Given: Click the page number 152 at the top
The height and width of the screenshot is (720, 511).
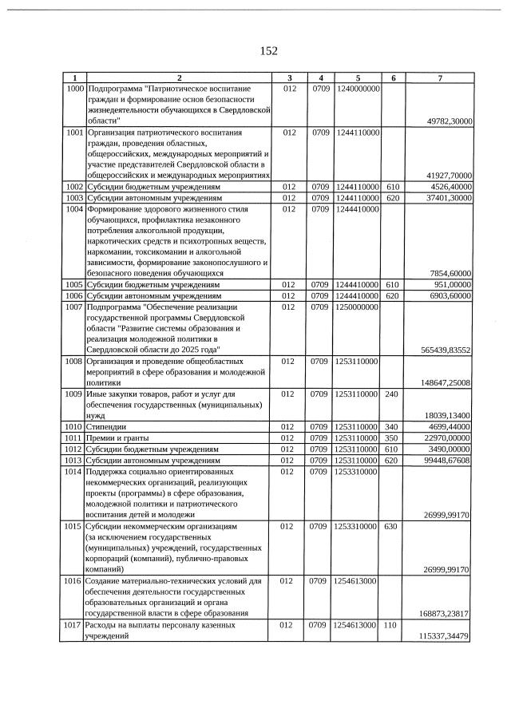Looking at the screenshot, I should click(x=268, y=51).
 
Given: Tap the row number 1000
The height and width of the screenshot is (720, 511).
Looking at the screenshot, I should click(x=74, y=87).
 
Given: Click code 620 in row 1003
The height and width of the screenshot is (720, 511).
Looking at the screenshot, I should click(x=392, y=196).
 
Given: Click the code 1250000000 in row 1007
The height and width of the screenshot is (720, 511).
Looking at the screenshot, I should click(x=358, y=306).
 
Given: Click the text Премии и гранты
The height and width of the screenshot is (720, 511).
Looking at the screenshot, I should click(x=118, y=437).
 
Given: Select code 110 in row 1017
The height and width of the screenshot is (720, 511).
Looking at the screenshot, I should click(x=392, y=625).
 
